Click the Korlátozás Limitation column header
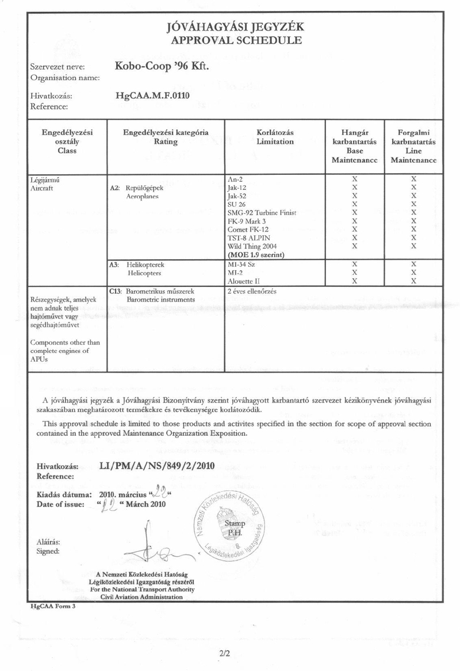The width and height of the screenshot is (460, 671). click(x=275, y=137)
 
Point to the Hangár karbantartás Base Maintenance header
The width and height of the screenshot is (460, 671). click(x=354, y=146)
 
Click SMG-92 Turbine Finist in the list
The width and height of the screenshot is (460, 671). click(x=262, y=213)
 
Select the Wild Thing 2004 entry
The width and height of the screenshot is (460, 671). click(x=252, y=246)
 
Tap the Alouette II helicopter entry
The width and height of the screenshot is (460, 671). click(x=245, y=281)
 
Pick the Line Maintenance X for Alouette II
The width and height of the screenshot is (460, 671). click(x=412, y=281)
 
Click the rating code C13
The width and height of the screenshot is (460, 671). click(x=114, y=291)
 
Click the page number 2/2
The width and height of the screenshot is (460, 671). click(x=224, y=653)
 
